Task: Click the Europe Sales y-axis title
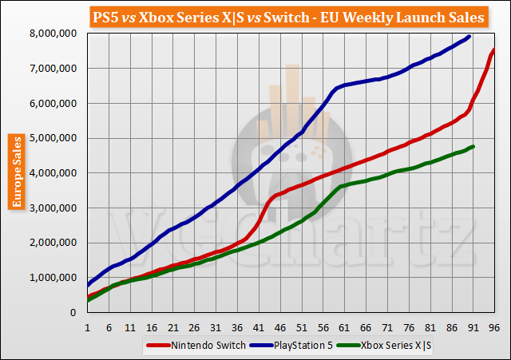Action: [16, 172]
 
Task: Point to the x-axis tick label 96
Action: [493, 327]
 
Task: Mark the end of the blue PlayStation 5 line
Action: [469, 37]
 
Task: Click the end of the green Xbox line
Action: [473, 147]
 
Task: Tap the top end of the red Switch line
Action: [494, 50]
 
